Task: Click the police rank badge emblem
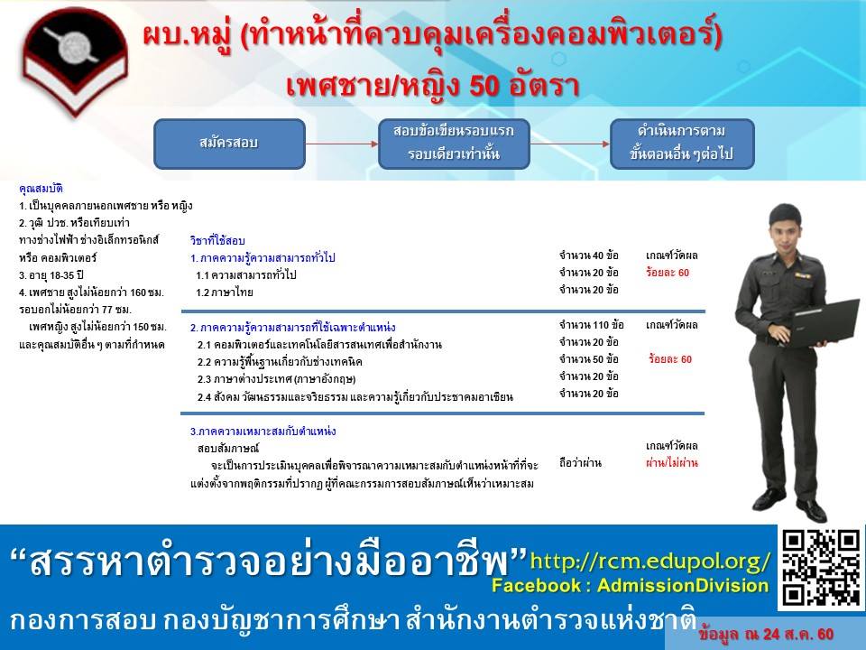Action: [76, 60]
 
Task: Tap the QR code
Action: [821, 568]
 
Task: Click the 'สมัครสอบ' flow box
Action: [229, 144]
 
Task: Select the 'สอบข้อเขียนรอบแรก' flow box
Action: [454, 144]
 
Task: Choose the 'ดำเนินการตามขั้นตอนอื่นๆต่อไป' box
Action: [682, 144]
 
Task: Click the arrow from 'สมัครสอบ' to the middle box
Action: [342, 144]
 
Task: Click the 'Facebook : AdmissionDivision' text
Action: [631, 586]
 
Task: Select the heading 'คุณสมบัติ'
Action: [41, 189]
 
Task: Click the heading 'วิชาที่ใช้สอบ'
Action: [217, 240]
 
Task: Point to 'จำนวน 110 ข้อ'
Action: [592, 325]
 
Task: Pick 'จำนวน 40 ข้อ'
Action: [589, 255]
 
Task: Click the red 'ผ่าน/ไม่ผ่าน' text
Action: [671, 462]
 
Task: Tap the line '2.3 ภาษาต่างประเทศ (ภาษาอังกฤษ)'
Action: [276, 379]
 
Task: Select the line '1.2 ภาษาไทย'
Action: [225, 292]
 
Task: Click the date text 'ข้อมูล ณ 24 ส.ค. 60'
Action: [766, 635]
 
